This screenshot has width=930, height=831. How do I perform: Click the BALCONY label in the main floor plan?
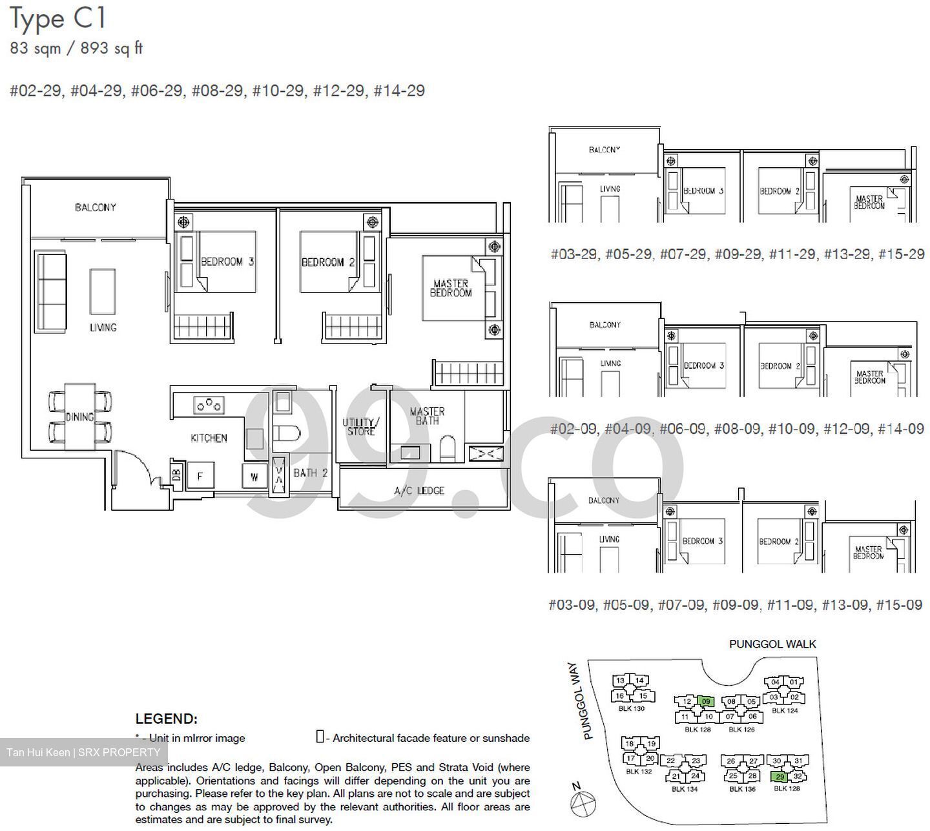point(95,207)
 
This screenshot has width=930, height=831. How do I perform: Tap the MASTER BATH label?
point(427,416)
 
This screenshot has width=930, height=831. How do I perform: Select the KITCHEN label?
point(209,438)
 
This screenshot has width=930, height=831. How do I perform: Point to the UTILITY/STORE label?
point(361,427)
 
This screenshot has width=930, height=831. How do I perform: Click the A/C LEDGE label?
point(419,491)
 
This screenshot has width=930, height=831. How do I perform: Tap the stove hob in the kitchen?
point(209,405)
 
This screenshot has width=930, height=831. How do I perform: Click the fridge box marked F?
point(200,477)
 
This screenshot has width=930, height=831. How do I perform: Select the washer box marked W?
point(254,477)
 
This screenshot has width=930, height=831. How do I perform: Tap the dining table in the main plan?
point(80,416)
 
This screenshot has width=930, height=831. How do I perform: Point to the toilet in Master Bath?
point(447,448)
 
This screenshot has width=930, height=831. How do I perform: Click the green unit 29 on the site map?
point(780,777)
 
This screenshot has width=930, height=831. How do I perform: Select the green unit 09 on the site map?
point(706,701)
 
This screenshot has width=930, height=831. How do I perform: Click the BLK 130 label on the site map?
point(631,708)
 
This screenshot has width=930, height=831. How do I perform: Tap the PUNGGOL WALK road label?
point(772,644)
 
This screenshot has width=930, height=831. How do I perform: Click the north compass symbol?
point(583,804)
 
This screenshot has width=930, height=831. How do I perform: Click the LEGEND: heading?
point(166,719)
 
